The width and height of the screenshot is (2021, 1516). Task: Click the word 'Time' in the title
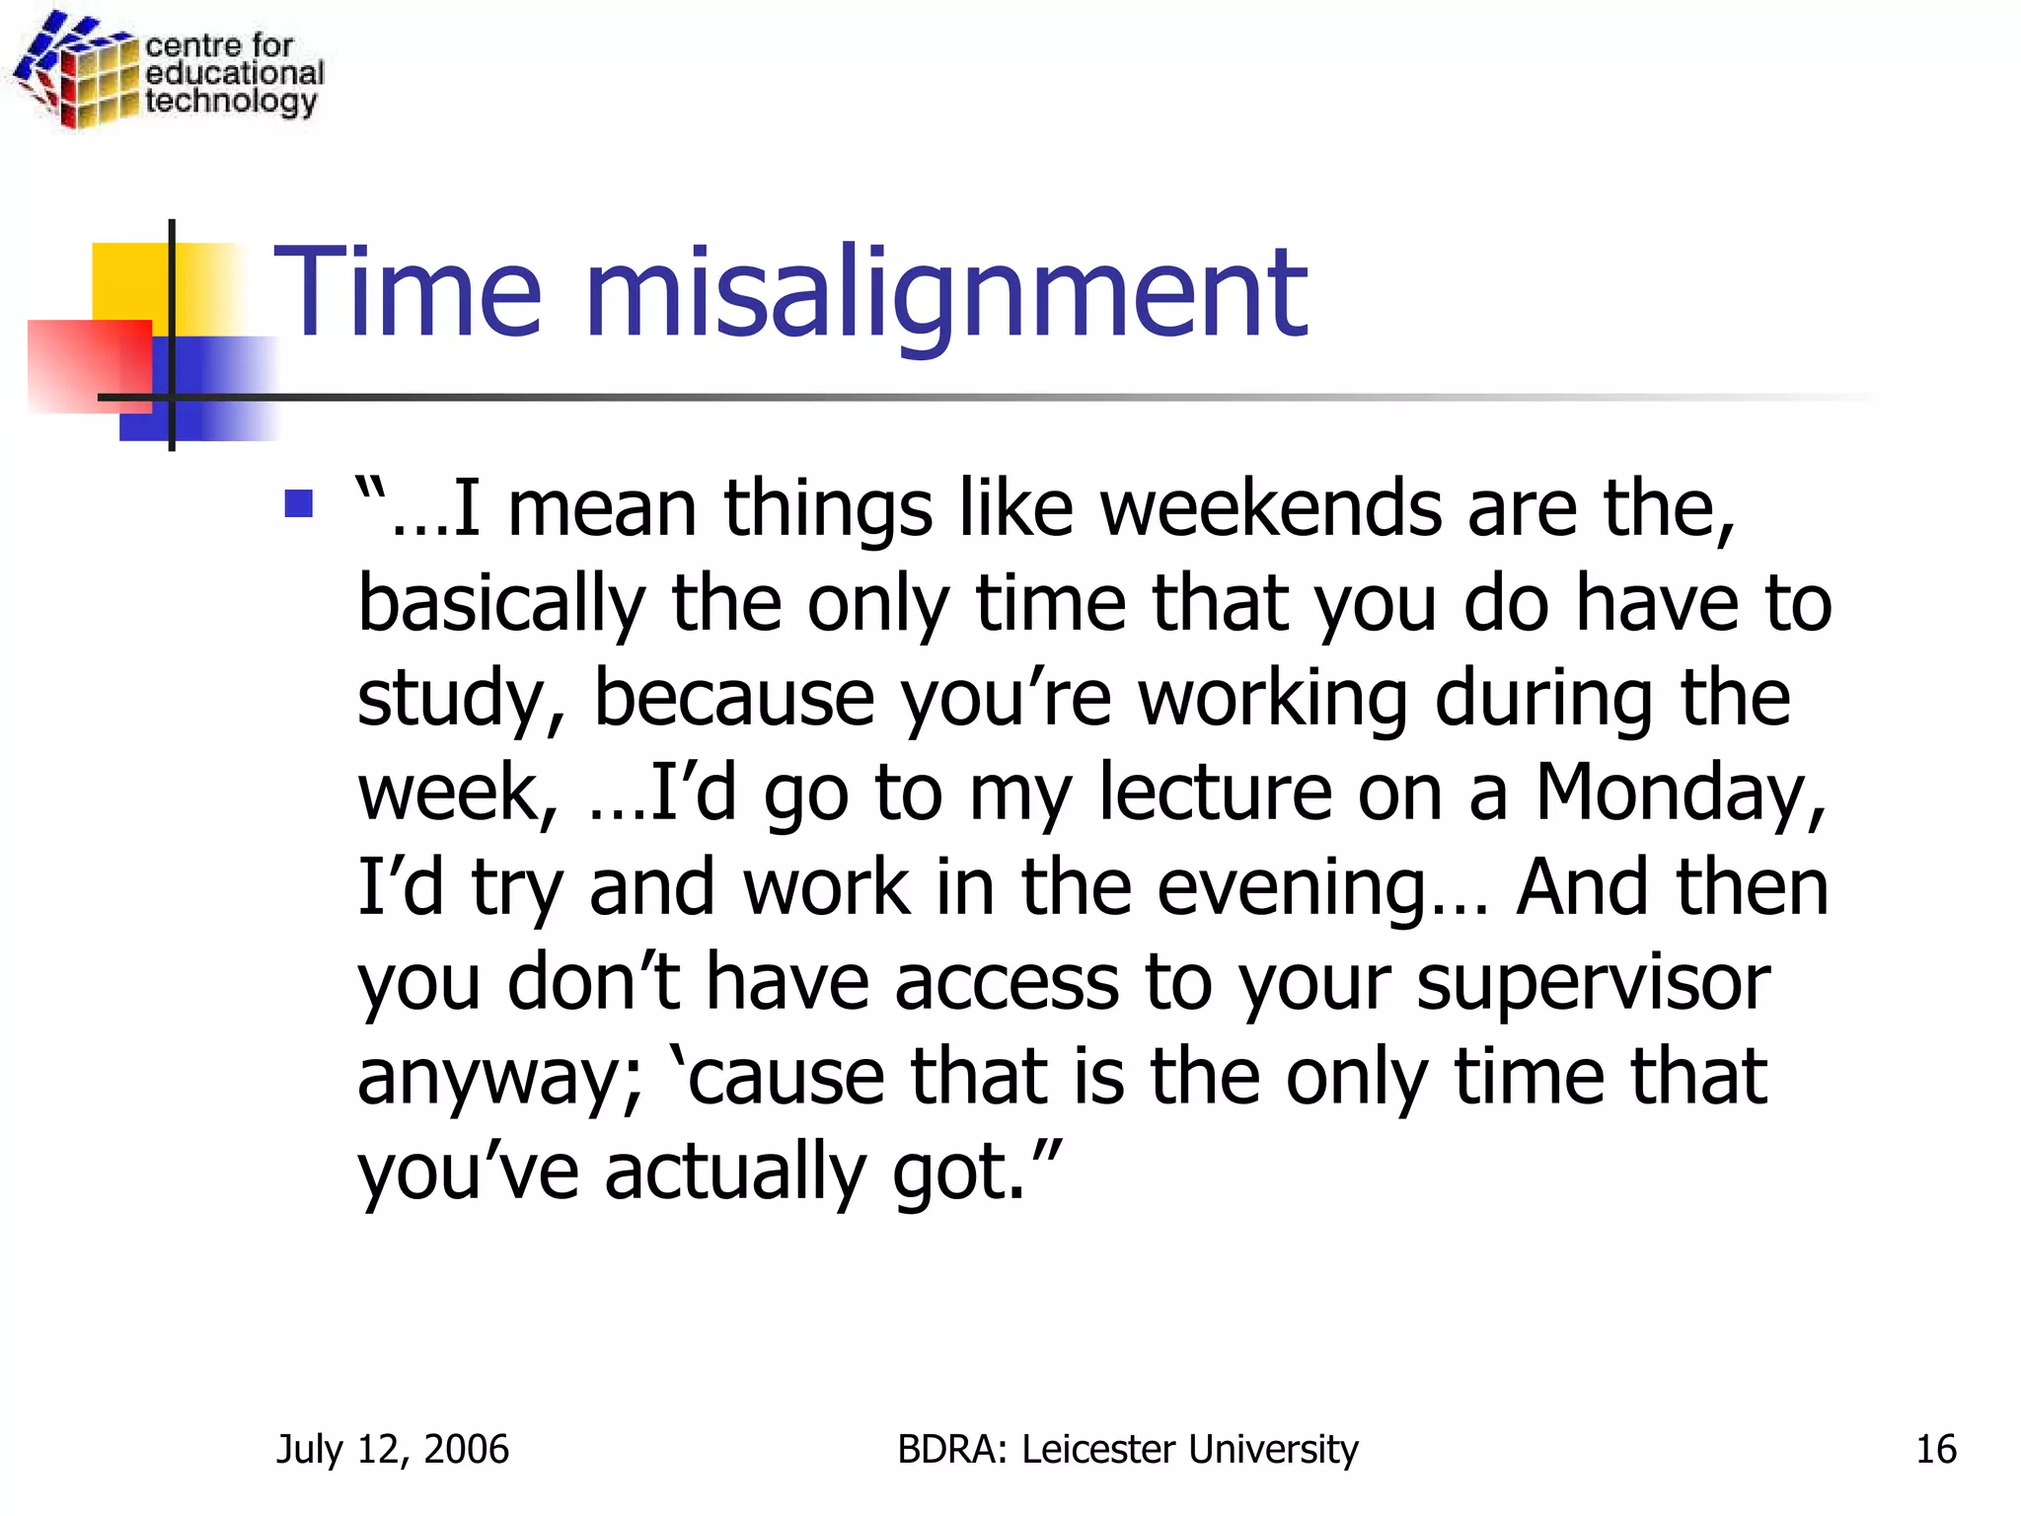(x=408, y=294)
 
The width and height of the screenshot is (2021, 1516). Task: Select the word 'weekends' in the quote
(x=1271, y=509)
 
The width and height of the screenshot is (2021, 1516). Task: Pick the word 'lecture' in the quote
(x=1215, y=793)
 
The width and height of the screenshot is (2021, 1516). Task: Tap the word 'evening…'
(x=1321, y=888)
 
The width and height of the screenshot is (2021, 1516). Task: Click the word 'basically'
(x=500, y=604)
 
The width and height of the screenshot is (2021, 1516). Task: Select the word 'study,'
(x=461, y=699)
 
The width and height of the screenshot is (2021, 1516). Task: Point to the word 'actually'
(x=734, y=1173)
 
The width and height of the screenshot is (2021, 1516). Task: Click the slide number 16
(x=1935, y=1449)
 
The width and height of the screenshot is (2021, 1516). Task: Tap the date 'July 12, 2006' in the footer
(x=392, y=1449)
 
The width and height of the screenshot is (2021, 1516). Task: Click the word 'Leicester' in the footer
(x=1098, y=1449)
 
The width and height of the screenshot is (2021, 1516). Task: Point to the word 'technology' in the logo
(x=231, y=102)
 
